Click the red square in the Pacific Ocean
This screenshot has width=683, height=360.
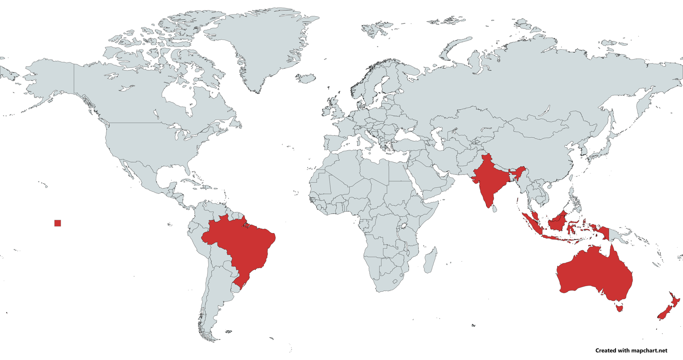[x=58, y=223]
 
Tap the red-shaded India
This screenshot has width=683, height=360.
[x=489, y=179]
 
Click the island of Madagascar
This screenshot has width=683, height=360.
[x=430, y=260]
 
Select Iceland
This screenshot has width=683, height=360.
[x=306, y=78]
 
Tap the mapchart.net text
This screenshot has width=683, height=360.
[x=649, y=351]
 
